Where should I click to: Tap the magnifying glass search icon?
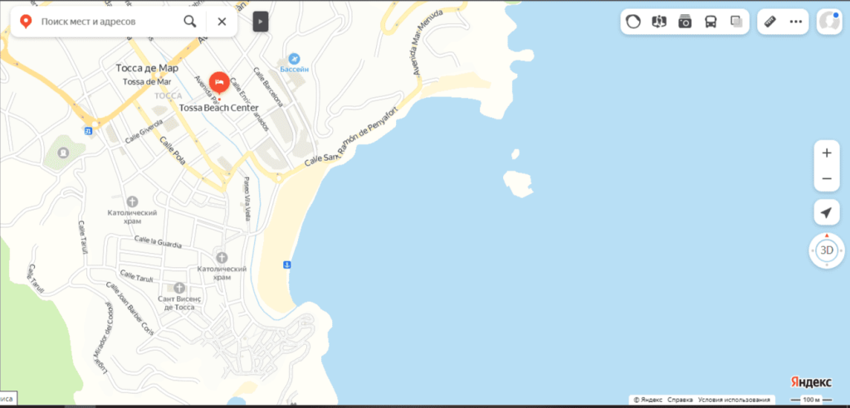(191, 22)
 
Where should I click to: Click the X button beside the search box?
(222, 22)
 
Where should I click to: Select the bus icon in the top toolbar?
(711, 22)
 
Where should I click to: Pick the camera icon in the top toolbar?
(685, 22)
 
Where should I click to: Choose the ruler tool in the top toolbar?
(769, 22)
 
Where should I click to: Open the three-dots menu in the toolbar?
(795, 22)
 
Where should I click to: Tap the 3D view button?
(826, 250)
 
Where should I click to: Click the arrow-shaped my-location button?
(826, 213)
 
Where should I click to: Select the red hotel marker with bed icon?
(219, 82)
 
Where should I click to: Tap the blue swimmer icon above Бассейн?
(294, 58)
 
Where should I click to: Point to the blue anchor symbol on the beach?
(286, 265)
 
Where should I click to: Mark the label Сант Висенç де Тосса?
(179, 302)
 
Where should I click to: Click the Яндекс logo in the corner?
(810, 381)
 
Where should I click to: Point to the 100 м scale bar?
(812, 400)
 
